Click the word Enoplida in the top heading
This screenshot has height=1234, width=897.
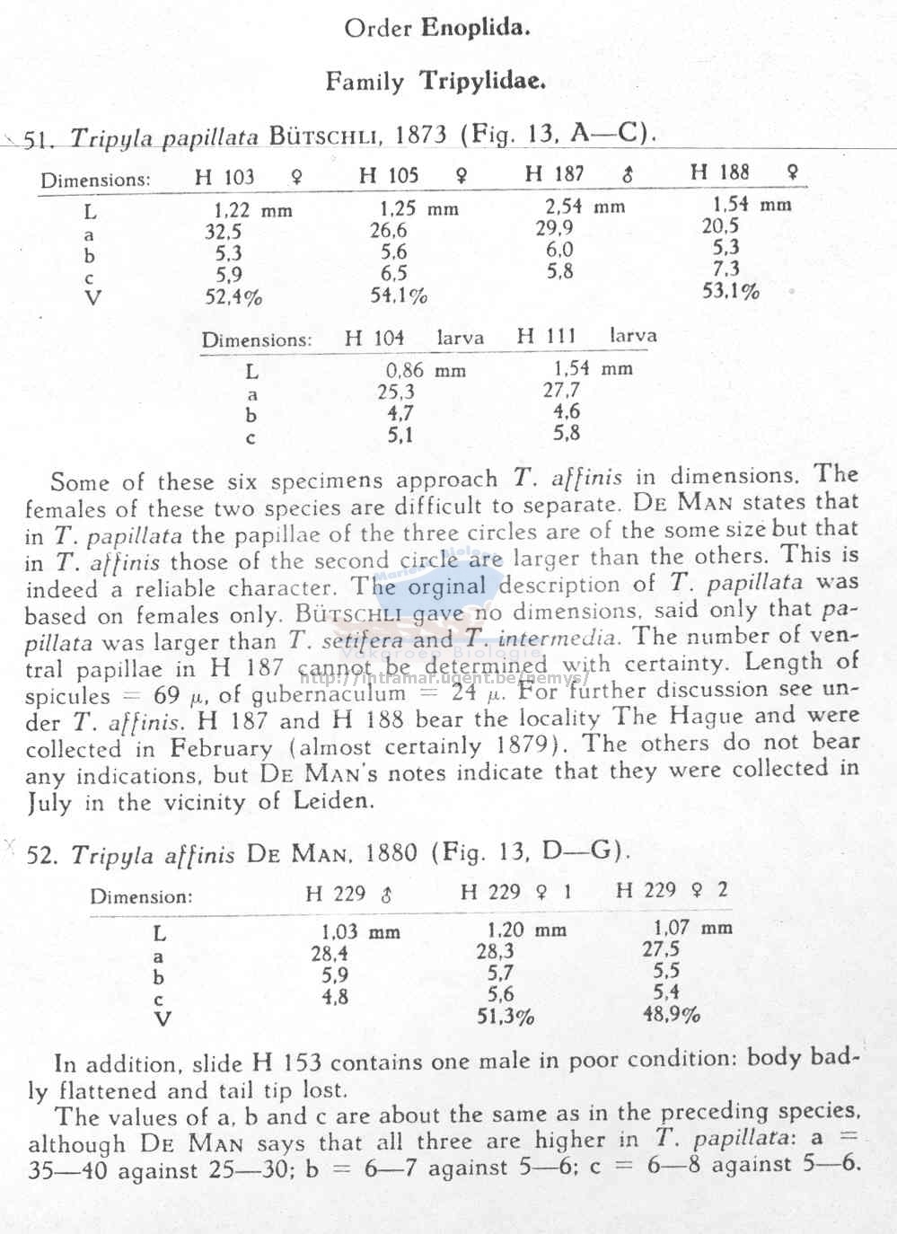point(476,28)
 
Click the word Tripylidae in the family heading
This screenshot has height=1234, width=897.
point(482,82)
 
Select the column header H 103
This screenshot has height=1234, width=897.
point(224,177)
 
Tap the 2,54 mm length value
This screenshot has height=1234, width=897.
point(585,207)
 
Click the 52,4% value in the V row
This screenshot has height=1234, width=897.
point(233,297)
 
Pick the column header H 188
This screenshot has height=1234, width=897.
point(720,172)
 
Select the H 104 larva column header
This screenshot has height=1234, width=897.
point(414,338)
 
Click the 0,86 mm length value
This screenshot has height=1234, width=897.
point(426,370)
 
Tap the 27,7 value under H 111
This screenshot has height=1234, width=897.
point(561,390)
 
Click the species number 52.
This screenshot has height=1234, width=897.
point(41,854)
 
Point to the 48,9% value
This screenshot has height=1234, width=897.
point(672,1015)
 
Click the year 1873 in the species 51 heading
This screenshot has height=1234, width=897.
point(420,135)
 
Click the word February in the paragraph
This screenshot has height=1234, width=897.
point(222,747)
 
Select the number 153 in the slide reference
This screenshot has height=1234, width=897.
point(300,1062)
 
